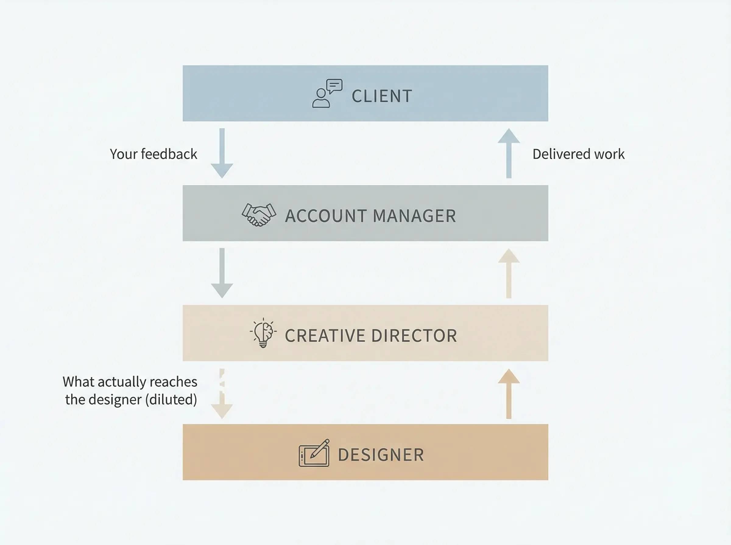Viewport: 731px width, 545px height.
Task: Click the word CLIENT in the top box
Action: [382, 96]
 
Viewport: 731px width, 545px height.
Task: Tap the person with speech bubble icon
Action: [327, 93]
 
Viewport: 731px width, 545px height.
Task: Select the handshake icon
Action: [259, 215]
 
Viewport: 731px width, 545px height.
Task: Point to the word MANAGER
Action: [415, 216]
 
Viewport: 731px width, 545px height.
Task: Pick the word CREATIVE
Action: [325, 336]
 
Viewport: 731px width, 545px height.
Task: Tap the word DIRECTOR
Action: [414, 336]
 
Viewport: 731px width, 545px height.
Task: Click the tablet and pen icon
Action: [314, 453]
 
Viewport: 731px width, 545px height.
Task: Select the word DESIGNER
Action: [381, 455]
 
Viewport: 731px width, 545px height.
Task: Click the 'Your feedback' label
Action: [153, 154]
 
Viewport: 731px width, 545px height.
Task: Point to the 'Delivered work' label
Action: [578, 154]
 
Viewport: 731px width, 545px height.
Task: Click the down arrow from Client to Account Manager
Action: [222, 153]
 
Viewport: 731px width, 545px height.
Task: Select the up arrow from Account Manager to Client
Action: [509, 153]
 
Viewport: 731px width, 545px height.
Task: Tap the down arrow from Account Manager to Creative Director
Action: [222, 273]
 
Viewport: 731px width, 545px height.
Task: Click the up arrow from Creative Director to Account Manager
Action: [509, 273]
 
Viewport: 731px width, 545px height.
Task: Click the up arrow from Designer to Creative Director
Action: [509, 394]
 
